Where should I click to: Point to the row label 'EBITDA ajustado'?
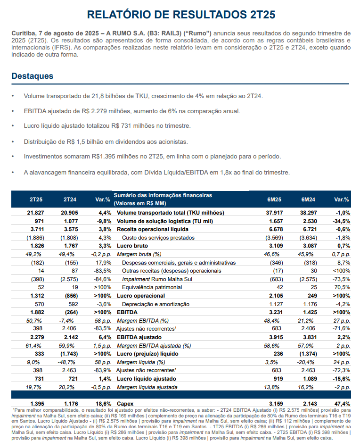(x=139, y=337)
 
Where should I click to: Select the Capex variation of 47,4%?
(x=341, y=404)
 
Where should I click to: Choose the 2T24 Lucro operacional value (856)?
(x=70, y=296)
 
